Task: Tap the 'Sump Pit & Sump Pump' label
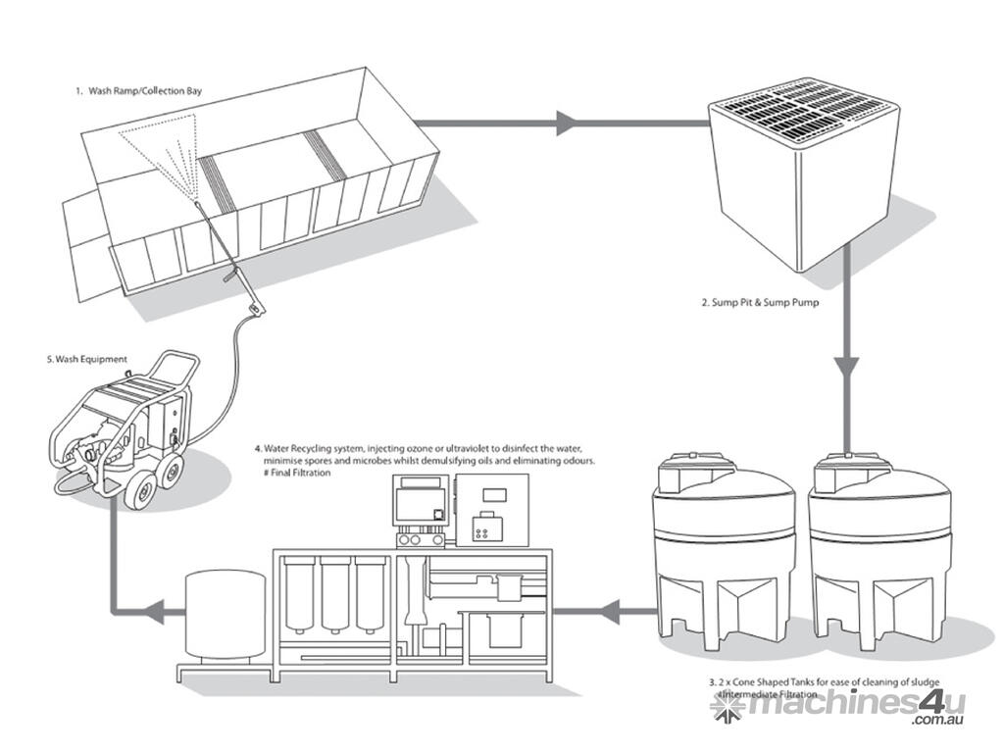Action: (759, 303)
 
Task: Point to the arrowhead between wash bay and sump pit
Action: (566, 124)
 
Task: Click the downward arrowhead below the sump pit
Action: (846, 368)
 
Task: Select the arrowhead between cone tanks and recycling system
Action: (606, 613)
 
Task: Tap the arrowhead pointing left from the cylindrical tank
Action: (152, 613)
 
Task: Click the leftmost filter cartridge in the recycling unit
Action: (302, 594)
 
